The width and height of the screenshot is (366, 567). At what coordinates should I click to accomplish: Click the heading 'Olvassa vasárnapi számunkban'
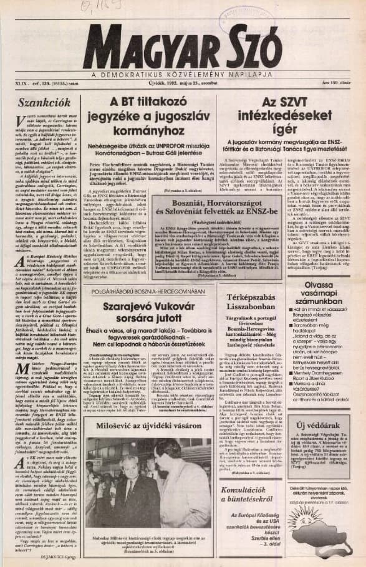(326, 288)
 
